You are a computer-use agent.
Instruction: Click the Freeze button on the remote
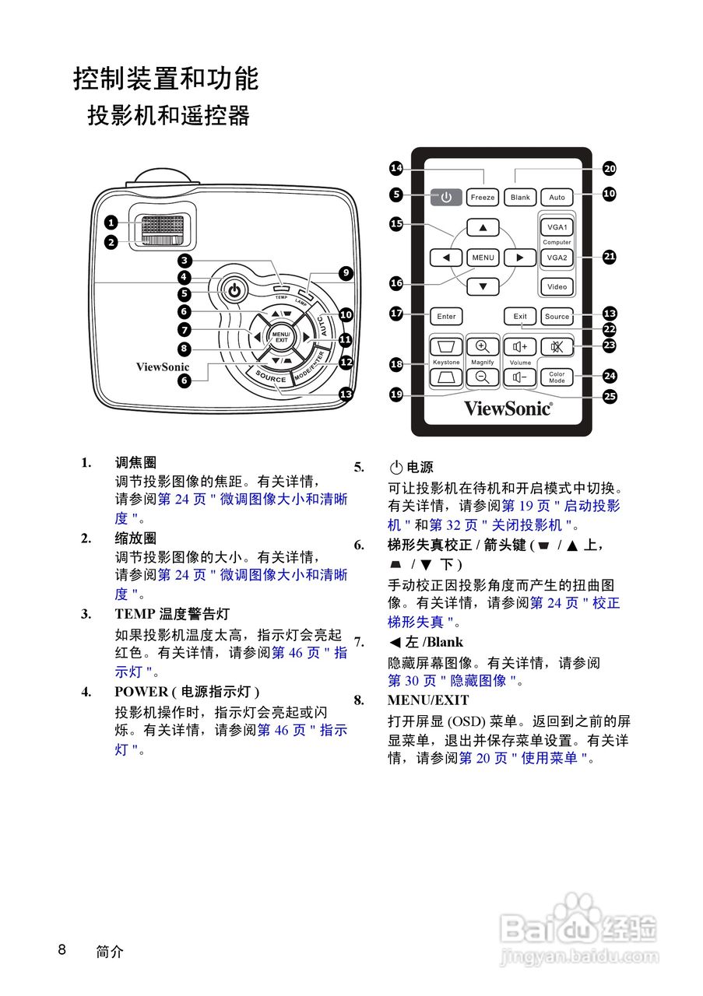(483, 198)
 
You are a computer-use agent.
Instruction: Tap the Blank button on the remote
(520, 198)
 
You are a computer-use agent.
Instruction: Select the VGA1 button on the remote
(557, 227)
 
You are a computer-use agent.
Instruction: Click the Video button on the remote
(557, 286)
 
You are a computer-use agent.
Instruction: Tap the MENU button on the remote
(483, 257)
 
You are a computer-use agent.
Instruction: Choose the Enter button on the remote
(446, 317)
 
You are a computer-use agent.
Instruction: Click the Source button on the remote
(557, 317)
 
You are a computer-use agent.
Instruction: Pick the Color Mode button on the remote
(557, 377)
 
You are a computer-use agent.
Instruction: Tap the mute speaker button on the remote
(557, 346)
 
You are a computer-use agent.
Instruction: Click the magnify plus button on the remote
(483, 346)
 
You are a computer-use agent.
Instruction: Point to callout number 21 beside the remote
(610, 256)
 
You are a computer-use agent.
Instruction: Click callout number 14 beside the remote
(396, 168)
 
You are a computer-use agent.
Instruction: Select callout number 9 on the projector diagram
(346, 273)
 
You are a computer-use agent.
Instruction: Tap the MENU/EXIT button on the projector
(280, 337)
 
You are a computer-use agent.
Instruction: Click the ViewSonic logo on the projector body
(163, 366)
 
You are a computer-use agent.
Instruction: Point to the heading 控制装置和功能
(166, 79)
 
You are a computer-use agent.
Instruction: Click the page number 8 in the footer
(62, 949)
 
